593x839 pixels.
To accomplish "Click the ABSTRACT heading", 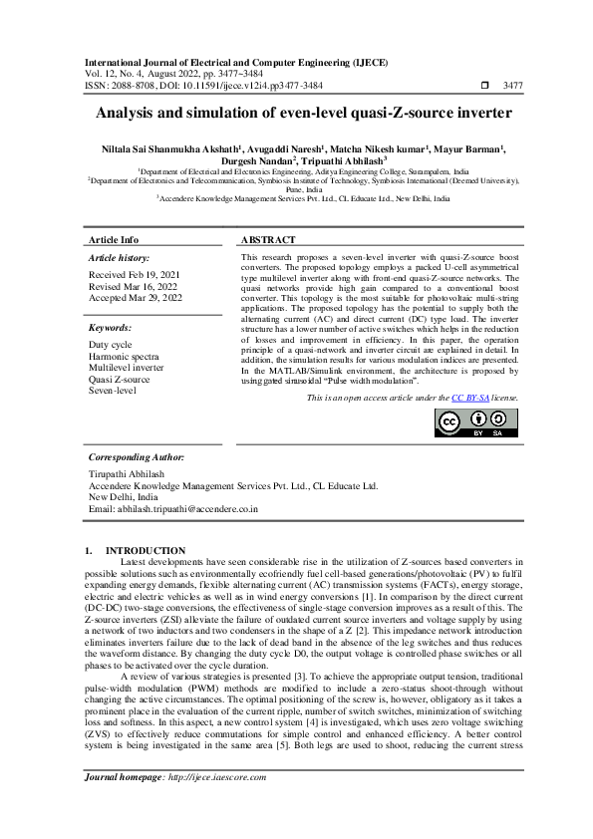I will [269, 241].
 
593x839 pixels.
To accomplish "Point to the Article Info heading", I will [114, 241].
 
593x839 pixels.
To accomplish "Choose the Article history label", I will [119, 257].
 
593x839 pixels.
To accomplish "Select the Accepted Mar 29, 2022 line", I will [136, 297].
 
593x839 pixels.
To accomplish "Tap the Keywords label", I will [110, 327].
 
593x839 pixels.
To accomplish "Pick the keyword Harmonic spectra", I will [124, 356].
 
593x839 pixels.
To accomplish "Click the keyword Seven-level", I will [112, 390].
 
